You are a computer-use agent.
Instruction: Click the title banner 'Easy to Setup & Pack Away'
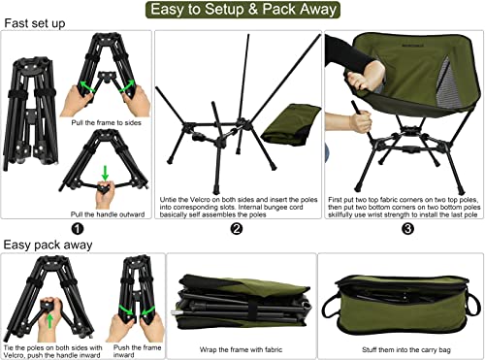(x=242, y=11)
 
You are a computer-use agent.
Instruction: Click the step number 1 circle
(x=77, y=229)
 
